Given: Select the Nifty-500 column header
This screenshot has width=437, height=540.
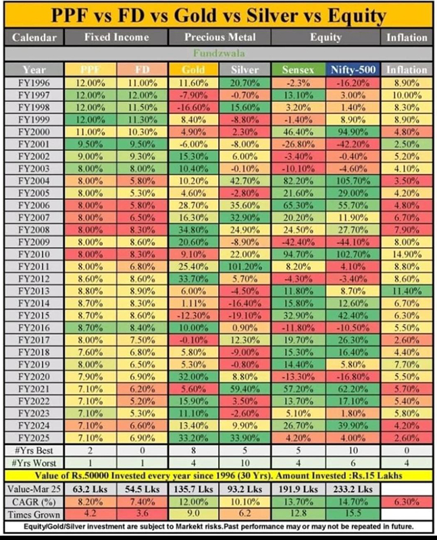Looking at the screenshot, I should pos(354,69).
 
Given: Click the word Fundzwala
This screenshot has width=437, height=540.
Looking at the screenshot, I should pos(217,53).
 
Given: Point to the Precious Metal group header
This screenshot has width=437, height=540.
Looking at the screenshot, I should pos(218,37).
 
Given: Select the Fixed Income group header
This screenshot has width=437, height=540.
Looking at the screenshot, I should pos(116,37).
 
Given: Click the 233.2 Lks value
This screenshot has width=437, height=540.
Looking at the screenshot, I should pos(354,487).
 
